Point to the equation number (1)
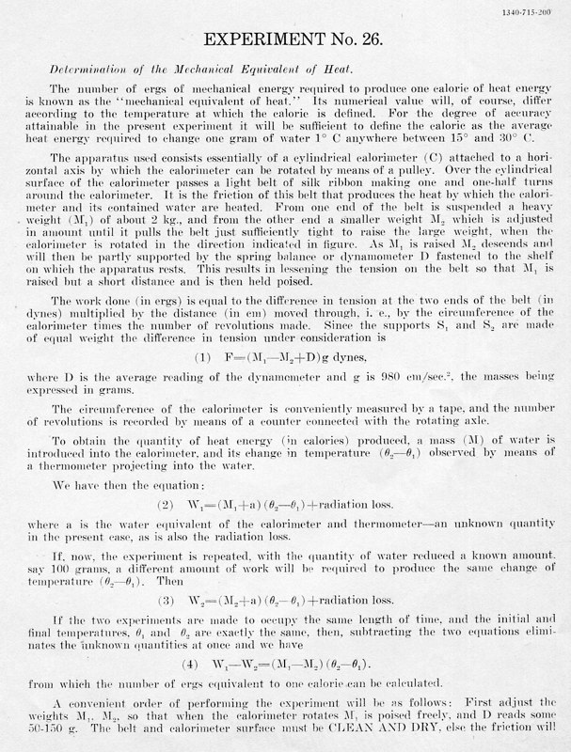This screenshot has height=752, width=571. (176, 332)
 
